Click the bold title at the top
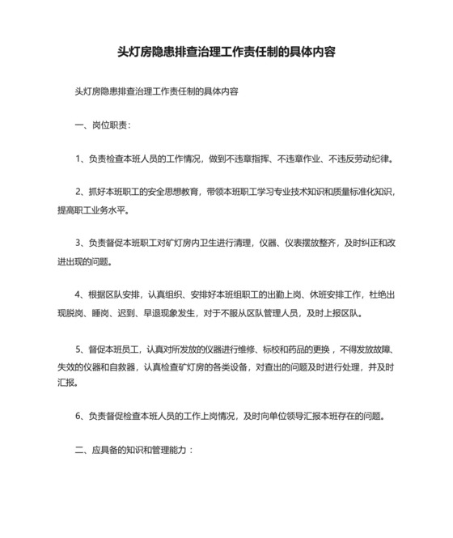tap(226, 52)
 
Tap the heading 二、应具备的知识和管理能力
tap(133, 451)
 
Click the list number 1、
tap(80, 159)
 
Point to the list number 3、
tap(80, 242)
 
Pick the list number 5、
tap(80, 349)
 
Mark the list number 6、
tap(80, 417)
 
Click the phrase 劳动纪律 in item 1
tap(374, 159)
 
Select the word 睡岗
tap(106, 312)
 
